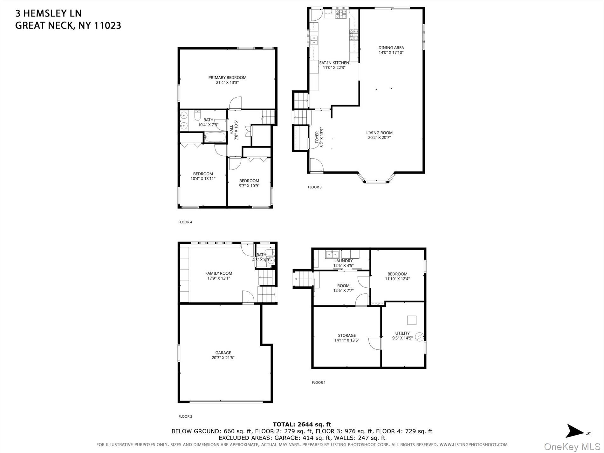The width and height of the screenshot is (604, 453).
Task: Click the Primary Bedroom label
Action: pyautogui.click(x=227, y=78)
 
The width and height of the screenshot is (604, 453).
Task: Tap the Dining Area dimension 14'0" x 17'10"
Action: pyautogui.click(x=391, y=53)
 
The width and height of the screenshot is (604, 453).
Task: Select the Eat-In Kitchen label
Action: pyautogui.click(x=334, y=63)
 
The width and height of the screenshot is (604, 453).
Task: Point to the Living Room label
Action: pyautogui.click(x=379, y=133)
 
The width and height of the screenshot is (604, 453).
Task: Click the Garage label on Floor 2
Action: pyautogui.click(x=223, y=353)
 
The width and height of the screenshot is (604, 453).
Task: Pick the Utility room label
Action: pyautogui.click(x=402, y=333)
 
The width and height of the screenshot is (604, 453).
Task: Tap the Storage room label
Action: pyautogui.click(x=347, y=335)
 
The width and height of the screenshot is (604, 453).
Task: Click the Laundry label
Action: pyautogui.click(x=343, y=261)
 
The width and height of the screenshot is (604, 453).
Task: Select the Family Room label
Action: pyautogui.click(x=219, y=273)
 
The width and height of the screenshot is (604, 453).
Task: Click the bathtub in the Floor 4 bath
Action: pyautogui.click(x=215, y=137)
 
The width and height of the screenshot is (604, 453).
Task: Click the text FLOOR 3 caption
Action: pyautogui.click(x=314, y=187)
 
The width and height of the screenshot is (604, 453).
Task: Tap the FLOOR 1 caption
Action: pyautogui.click(x=319, y=382)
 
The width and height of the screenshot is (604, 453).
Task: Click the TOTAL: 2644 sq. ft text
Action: pyautogui.click(x=302, y=424)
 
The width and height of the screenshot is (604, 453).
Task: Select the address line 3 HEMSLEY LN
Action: pyautogui.click(x=48, y=13)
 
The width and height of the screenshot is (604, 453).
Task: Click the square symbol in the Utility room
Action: pyautogui.click(x=412, y=320)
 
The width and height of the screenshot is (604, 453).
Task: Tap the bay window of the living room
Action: pyautogui.click(x=377, y=182)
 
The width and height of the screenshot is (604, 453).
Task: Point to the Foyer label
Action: pyautogui.click(x=317, y=138)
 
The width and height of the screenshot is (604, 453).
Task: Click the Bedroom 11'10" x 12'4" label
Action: pyautogui.click(x=397, y=274)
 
